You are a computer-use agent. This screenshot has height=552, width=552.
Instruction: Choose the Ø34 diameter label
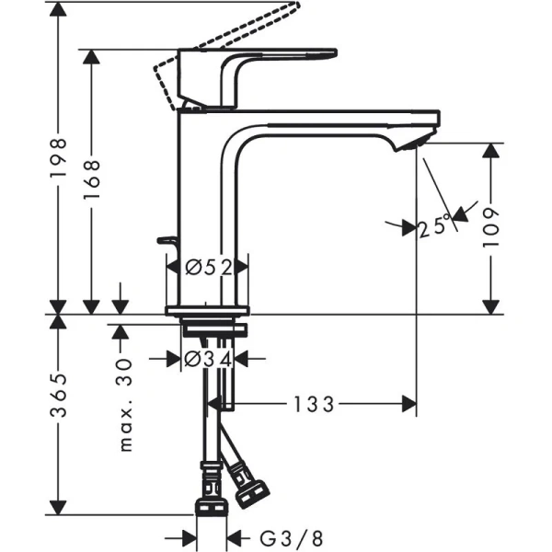pos(206,359)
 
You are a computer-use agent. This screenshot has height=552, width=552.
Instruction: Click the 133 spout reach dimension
pos(316,403)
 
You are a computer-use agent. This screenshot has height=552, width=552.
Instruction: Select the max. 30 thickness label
pos(126,406)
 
